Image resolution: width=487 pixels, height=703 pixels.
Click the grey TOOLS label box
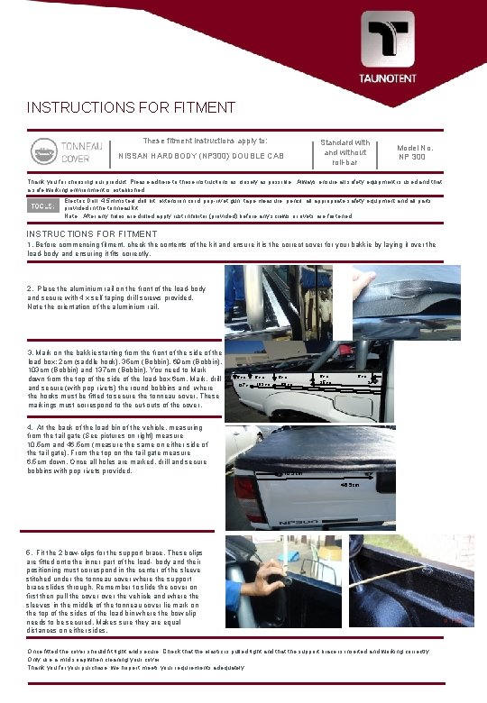coord(42,207)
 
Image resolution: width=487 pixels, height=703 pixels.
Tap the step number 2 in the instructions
coord(31,288)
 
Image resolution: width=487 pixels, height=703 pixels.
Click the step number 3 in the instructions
coord(31,352)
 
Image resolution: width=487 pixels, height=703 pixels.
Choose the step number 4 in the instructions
coord(31,426)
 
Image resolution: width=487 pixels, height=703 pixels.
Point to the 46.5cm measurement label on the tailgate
coord(351,487)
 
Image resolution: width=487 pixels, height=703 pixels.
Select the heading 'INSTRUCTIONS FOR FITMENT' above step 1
coord(93,234)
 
